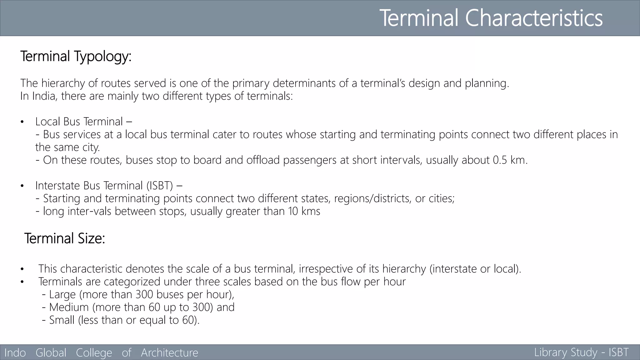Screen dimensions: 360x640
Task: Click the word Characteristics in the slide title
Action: tap(534, 18)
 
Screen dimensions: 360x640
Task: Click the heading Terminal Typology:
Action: tap(76, 57)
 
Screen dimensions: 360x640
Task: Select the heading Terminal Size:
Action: tap(65, 238)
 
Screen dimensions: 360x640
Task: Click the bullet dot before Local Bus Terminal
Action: tap(22, 122)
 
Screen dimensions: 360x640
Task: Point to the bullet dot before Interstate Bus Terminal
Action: tap(22, 186)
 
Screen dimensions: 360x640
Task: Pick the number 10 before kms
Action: tap(293, 211)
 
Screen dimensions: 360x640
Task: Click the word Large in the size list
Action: tap(62, 294)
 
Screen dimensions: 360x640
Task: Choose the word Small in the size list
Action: tap(62, 320)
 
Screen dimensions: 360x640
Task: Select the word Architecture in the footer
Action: tap(169, 352)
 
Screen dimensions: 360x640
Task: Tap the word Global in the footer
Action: tap(51, 352)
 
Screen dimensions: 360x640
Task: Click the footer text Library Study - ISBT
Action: tap(581, 352)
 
